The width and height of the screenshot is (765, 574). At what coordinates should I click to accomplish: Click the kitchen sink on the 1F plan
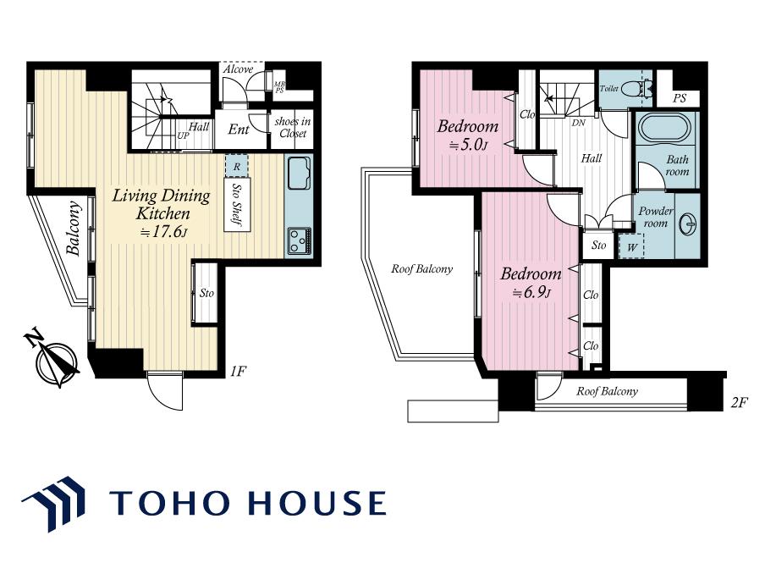(x=299, y=173)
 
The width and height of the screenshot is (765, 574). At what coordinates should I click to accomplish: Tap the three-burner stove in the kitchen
(x=299, y=240)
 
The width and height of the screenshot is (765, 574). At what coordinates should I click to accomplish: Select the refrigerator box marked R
(x=237, y=166)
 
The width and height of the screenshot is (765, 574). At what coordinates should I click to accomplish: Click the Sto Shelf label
(x=237, y=205)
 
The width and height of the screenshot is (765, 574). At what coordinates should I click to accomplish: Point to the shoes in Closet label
(x=293, y=127)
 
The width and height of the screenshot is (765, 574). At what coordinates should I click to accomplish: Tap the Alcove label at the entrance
(x=238, y=69)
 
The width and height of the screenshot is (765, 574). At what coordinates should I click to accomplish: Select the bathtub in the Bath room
(x=664, y=129)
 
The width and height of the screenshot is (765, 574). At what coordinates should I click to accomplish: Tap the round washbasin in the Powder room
(x=690, y=224)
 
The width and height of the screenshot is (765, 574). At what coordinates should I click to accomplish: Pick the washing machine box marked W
(x=631, y=246)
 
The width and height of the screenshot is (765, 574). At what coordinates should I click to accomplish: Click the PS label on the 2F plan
(x=680, y=98)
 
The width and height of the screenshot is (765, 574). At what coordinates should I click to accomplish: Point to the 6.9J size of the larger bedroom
(x=531, y=293)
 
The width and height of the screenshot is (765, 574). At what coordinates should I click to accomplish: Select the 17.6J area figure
(x=163, y=231)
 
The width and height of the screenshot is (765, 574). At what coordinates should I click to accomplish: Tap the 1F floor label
(x=238, y=372)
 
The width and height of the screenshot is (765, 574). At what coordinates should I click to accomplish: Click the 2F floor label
(x=739, y=403)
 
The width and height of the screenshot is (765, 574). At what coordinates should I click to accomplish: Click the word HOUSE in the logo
(x=317, y=503)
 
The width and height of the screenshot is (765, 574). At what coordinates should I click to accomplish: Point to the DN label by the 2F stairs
(x=578, y=123)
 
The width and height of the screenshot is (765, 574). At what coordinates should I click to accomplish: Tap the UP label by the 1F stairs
(x=183, y=135)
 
